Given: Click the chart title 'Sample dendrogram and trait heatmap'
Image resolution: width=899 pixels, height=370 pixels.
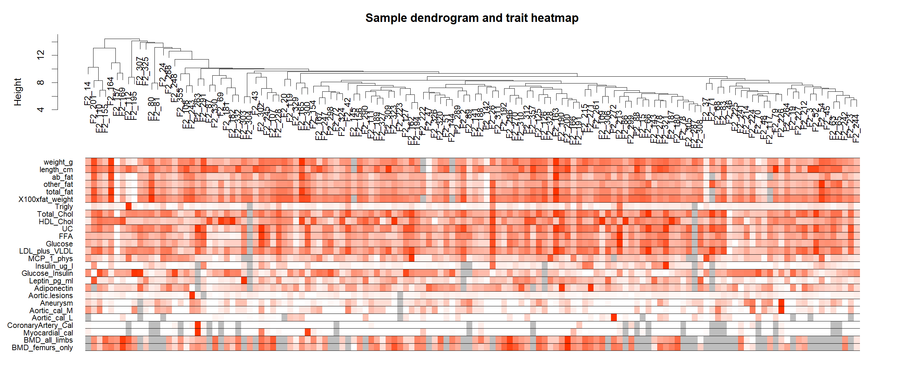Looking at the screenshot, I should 472,18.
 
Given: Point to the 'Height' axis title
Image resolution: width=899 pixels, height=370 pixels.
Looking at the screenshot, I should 17,92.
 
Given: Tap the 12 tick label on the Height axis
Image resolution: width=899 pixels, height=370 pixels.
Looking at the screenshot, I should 41,55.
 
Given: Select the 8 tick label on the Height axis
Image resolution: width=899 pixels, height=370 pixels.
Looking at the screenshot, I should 41,82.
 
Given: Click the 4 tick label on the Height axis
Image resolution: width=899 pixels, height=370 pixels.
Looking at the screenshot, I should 41,110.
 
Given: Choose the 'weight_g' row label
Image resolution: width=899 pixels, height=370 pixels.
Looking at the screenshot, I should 58,162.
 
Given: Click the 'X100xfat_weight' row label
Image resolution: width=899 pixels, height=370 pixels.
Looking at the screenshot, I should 45,200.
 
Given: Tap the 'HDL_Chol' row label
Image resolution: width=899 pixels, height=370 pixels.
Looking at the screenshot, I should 55,222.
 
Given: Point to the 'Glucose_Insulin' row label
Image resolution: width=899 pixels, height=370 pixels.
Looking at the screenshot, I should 47,273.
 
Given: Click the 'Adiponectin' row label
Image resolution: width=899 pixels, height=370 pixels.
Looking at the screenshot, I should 53,289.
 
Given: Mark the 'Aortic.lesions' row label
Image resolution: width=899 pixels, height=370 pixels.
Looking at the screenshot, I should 51,296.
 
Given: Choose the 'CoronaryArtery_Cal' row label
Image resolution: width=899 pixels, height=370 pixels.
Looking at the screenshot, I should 40,326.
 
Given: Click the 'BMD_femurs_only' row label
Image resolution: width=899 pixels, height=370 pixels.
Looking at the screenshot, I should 42,348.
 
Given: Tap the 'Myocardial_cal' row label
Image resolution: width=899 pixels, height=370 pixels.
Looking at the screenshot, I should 48,333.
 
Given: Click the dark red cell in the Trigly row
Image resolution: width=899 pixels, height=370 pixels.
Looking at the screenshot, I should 128,206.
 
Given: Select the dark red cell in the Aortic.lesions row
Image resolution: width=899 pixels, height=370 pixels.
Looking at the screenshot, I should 192,295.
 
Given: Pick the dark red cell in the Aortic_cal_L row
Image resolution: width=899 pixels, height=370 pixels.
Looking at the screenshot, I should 613,318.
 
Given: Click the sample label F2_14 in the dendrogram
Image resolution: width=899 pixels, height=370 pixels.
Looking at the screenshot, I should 87,93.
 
